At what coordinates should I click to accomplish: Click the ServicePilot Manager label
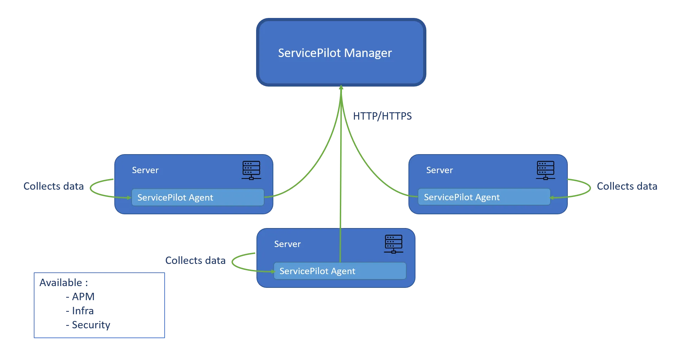pos(335,53)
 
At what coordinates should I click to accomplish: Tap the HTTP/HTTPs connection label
pos(382,116)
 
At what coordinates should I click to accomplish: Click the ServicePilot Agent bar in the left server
pos(198,197)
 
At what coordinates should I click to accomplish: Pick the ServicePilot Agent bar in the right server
pos(484,197)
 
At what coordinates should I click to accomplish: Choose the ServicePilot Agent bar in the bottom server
pos(340,271)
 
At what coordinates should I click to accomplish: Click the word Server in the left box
pos(145,170)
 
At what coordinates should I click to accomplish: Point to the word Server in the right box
pos(439,170)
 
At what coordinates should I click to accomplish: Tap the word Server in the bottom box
pos(287,244)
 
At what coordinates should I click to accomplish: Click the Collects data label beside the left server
pos(53,186)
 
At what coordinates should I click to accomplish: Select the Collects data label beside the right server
pos(627,186)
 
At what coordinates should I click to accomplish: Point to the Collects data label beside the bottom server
pos(195,260)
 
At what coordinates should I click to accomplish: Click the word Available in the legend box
pos(61,283)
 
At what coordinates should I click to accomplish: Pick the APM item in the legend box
pos(83,297)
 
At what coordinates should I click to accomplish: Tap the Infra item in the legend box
pos(83,311)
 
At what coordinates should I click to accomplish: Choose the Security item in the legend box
pos(91,326)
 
